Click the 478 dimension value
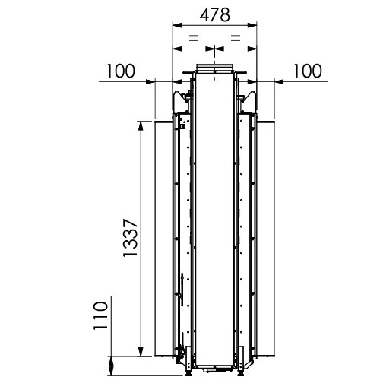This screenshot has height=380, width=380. (x=215, y=15)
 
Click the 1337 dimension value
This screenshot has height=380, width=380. (x=130, y=238)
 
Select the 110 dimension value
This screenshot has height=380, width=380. (x=100, y=315)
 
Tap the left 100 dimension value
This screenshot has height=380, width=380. (x=121, y=71)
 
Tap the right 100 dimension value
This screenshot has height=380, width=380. (x=308, y=71)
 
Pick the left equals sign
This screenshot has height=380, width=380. (x=194, y=38)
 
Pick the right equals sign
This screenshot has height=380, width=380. (x=236, y=38)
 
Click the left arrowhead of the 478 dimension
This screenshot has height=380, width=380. (x=177, y=25)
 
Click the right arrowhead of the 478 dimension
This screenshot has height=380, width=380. (x=252, y=25)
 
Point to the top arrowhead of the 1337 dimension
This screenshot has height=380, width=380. (x=141, y=126)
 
